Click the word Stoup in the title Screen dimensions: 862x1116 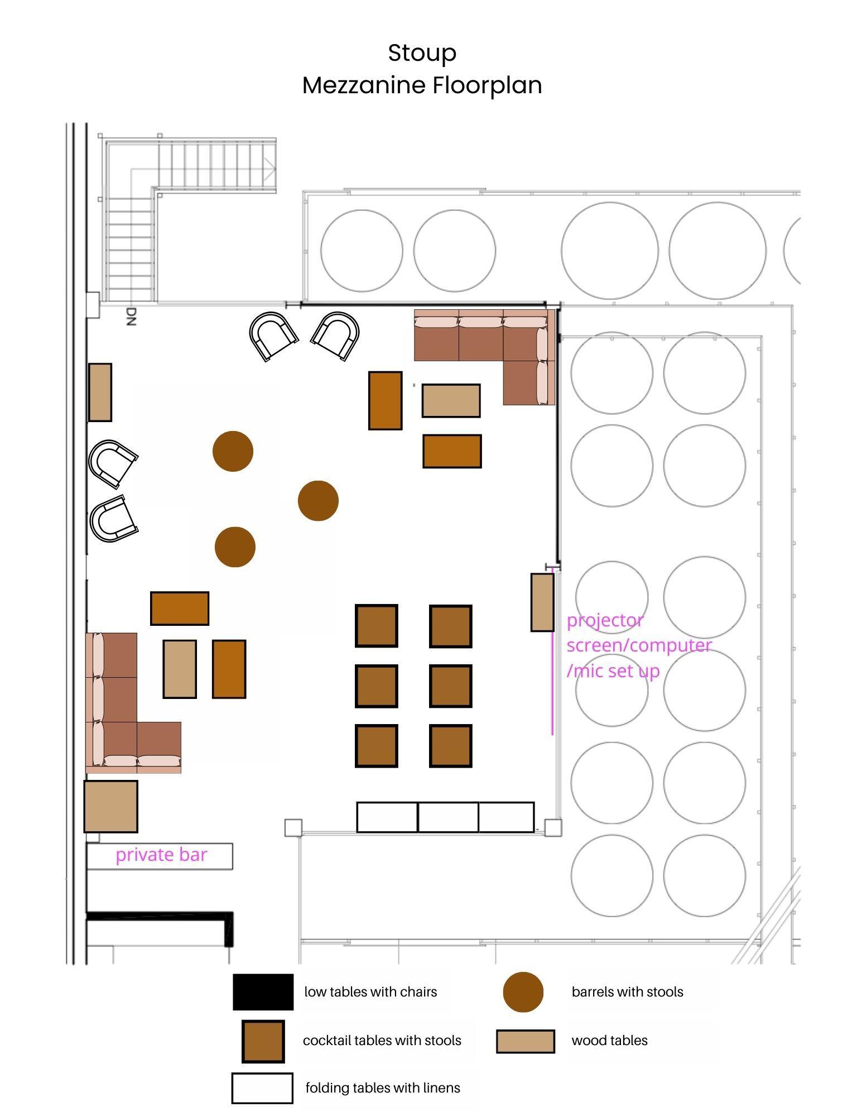point(422,54)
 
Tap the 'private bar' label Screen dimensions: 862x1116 point(161,855)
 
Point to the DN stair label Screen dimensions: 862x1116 point(131,316)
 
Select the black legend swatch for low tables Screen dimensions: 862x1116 point(263,992)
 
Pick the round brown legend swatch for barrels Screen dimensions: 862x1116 point(523,992)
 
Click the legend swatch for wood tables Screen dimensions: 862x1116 point(526,1041)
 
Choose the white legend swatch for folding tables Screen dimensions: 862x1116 point(262,1088)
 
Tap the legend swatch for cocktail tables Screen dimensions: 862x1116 point(263,1041)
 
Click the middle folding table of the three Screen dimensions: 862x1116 point(448,817)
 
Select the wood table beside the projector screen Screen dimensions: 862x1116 point(542,602)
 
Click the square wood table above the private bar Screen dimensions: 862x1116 point(111,807)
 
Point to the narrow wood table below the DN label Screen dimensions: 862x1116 point(100,392)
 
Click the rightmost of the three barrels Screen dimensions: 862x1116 point(318,501)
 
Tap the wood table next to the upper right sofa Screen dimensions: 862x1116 point(451,401)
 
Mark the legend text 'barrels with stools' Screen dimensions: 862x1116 point(627,992)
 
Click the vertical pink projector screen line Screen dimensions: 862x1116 point(552,651)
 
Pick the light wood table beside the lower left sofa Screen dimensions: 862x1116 point(180,669)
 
